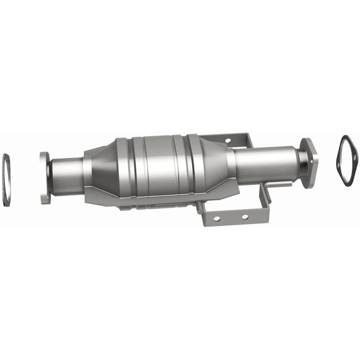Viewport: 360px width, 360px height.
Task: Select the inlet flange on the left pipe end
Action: click(44, 178)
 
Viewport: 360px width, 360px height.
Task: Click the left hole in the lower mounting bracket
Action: click(216, 218)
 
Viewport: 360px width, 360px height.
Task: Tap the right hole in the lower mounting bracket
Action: click(245, 216)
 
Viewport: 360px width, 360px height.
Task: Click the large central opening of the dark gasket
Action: click(348, 160)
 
